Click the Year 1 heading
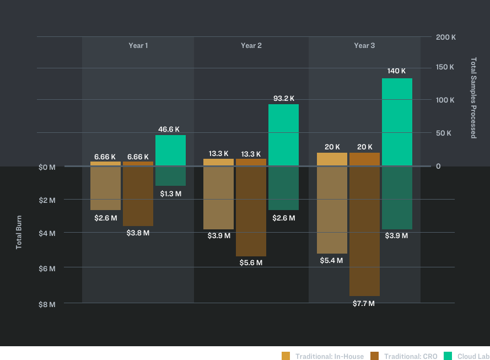click(138, 45)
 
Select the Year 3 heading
click(364, 45)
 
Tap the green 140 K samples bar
click(397, 121)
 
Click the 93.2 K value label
click(284, 99)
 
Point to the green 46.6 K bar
click(170, 150)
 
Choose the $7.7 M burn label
click(364, 304)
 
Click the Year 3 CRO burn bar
click(364, 231)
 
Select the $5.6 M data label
click(251, 263)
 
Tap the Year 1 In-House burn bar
click(105, 188)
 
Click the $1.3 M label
click(170, 194)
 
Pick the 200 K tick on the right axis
click(445, 37)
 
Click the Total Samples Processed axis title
click(473, 98)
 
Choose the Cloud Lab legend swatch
click(448, 356)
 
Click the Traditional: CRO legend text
click(411, 356)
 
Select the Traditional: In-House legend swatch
click(286, 356)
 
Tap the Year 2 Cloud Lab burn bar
click(283, 188)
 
